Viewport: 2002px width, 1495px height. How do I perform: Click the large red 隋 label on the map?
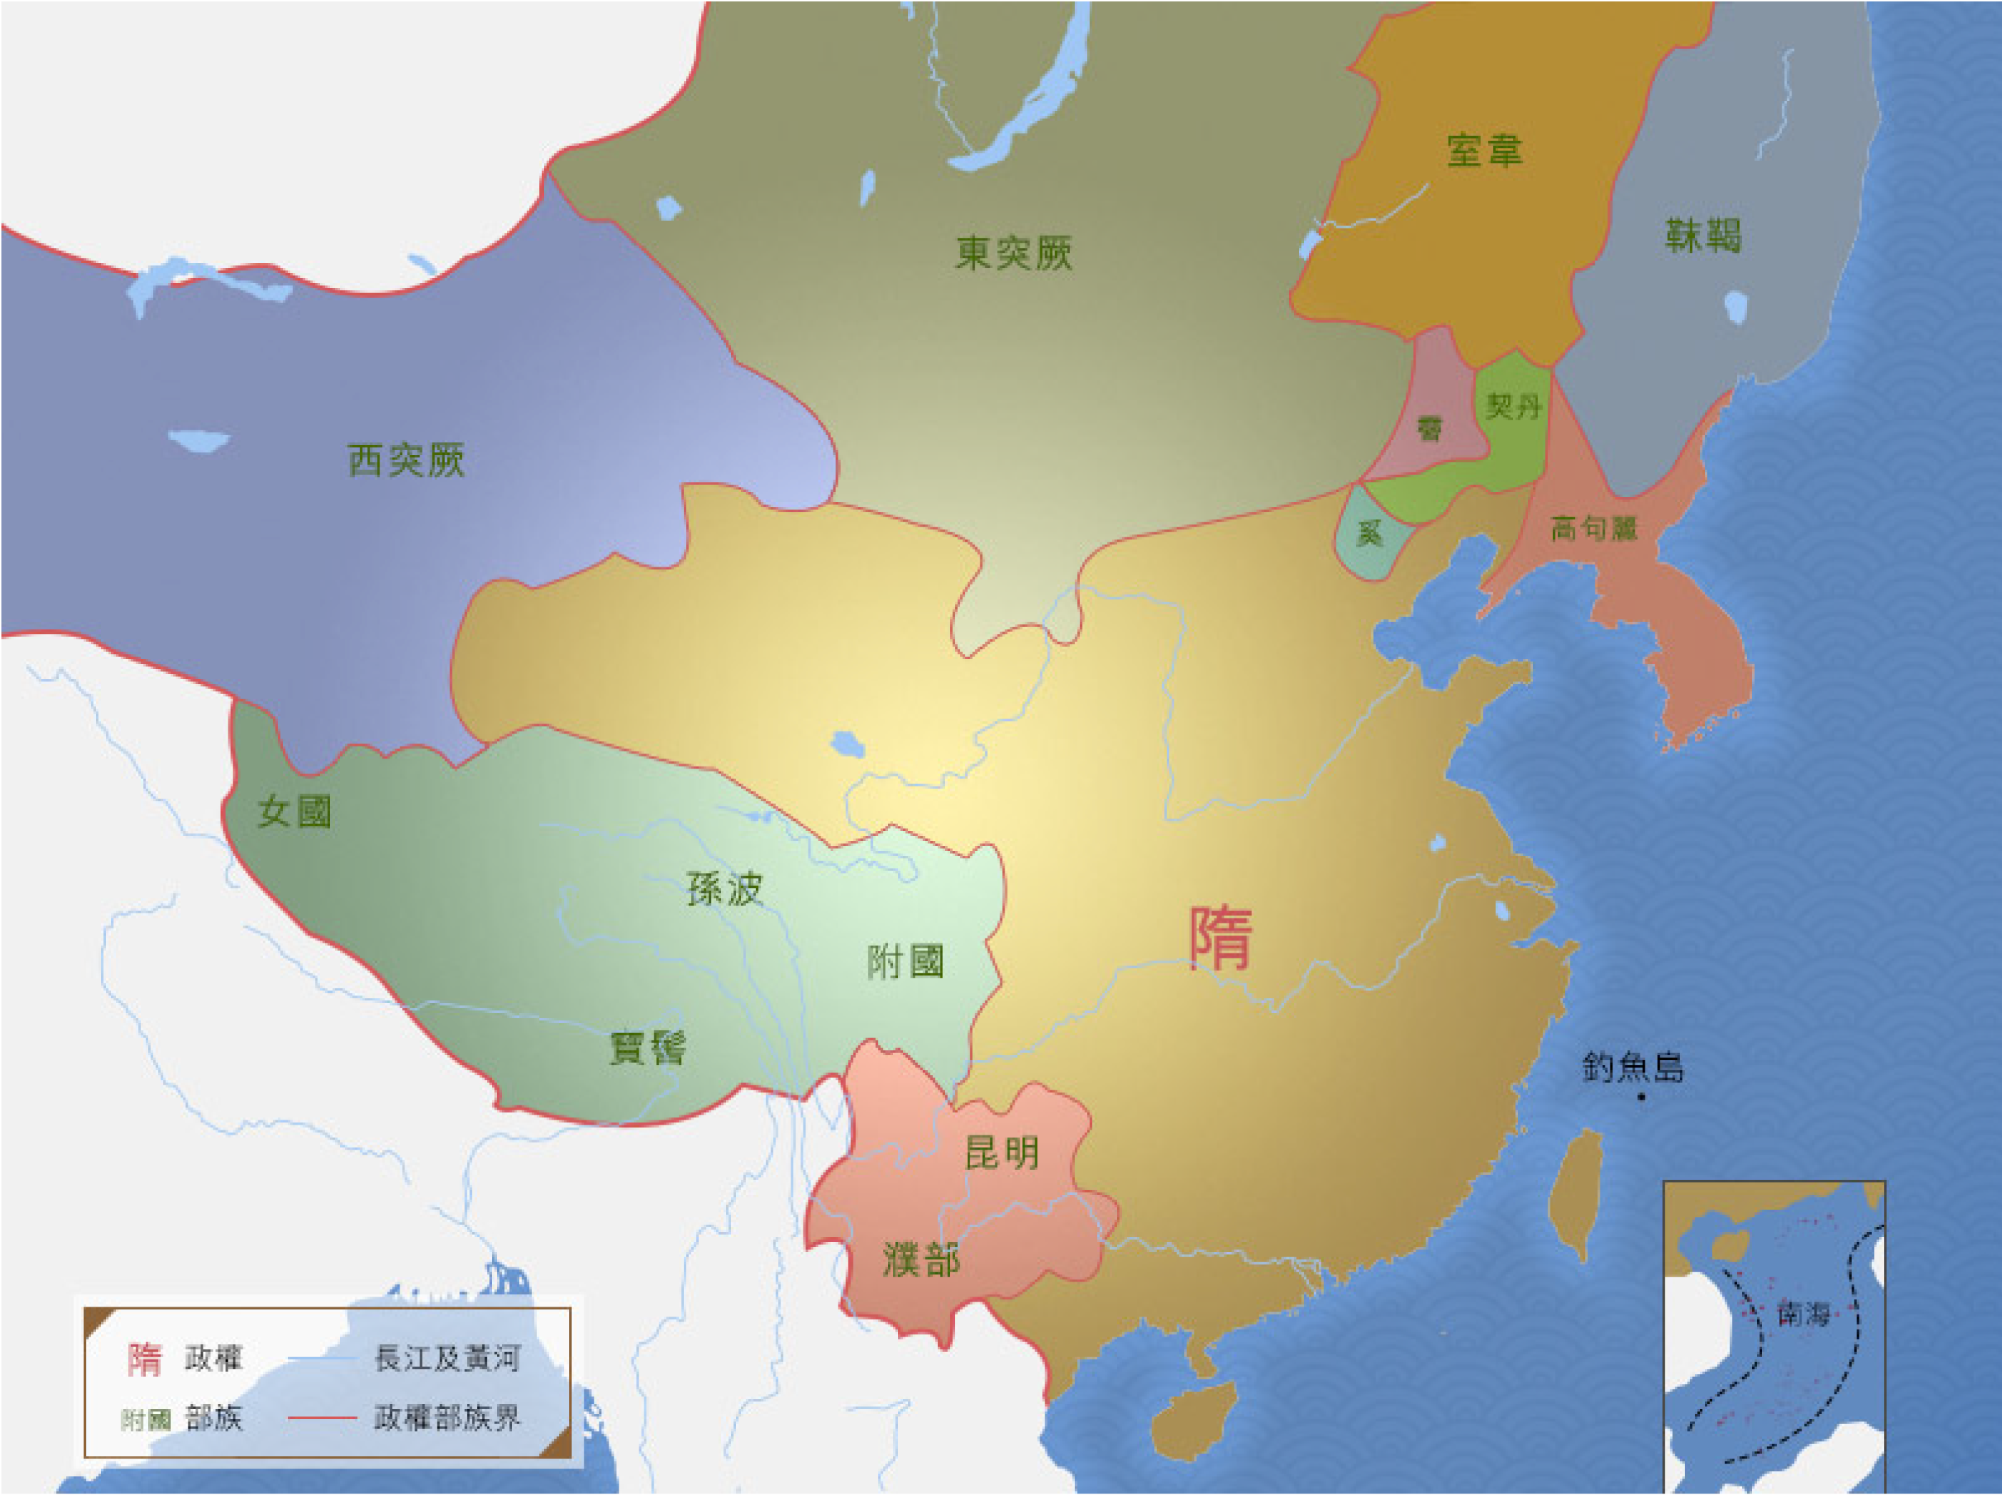[x=1220, y=938]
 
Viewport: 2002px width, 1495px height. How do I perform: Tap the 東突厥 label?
[x=1013, y=252]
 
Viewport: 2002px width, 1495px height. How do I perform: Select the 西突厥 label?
[x=406, y=460]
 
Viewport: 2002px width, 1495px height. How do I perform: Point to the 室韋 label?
[x=1484, y=150]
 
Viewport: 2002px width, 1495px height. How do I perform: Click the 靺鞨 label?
[x=1703, y=235]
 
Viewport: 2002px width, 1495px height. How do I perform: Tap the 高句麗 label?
[x=1594, y=529]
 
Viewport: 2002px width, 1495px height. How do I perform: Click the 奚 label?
[x=1370, y=534]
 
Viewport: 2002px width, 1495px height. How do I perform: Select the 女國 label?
[x=294, y=811]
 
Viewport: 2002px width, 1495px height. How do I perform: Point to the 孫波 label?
[x=725, y=889]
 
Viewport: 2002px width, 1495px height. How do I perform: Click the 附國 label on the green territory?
[x=904, y=961]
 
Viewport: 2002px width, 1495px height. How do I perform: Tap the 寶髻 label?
[x=648, y=1048]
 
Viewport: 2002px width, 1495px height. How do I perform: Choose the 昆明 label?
[x=1002, y=1153]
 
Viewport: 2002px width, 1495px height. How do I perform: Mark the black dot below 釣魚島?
[x=1641, y=1097]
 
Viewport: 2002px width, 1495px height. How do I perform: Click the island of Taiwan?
[x=1576, y=1195]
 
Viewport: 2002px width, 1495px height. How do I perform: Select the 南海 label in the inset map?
[x=1804, y=1313]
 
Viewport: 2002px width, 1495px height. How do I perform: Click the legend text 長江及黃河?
[x=448, y=1358]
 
